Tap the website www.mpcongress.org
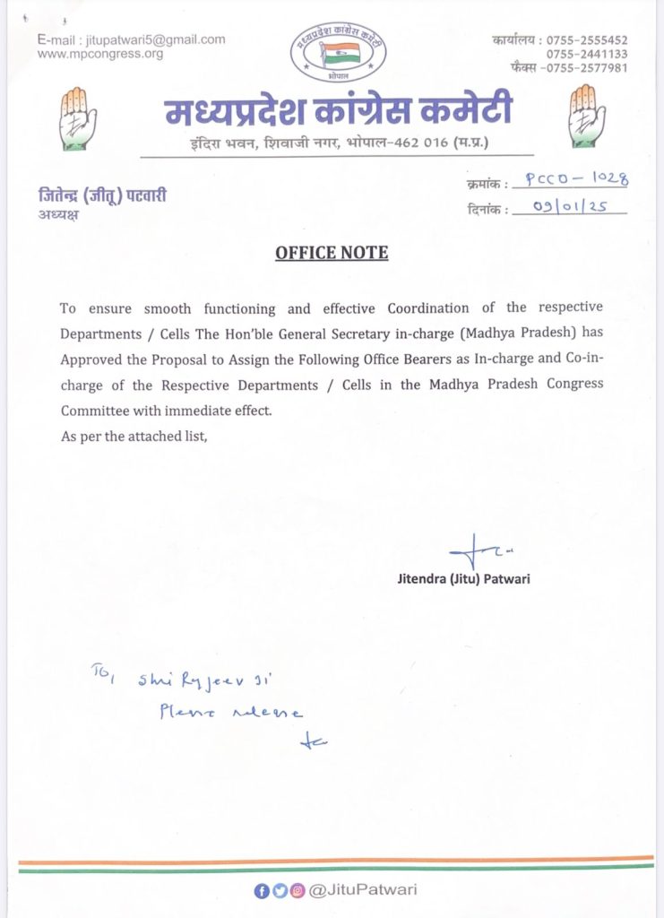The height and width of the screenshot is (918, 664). [x=100, y=54]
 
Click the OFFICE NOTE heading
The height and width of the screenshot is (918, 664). [x=332, y=253]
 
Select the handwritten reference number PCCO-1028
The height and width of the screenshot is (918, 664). [x=576, y=179]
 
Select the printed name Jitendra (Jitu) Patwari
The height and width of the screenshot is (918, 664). [x=463, y=579]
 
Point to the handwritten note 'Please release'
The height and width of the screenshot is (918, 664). [x=231, y=713]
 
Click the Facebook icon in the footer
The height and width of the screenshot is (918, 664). [x=260, y=890]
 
